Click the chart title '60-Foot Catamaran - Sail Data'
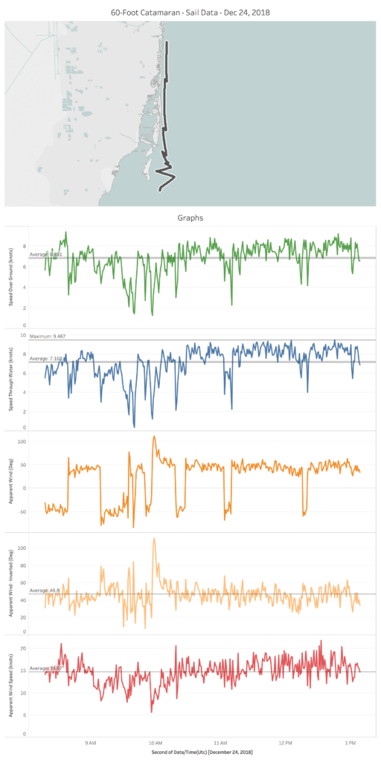(x=190, y=12)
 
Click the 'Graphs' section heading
(x=190, y=218)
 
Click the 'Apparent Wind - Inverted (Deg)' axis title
(x=12, y=583)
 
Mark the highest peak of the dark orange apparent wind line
(x=155, y=437)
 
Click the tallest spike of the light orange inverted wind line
(x=155, y=538)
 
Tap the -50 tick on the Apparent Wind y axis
(x=21, y=511)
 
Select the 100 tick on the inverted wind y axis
(x=21, y=548)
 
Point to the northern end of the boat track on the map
(x=167, y=42)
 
